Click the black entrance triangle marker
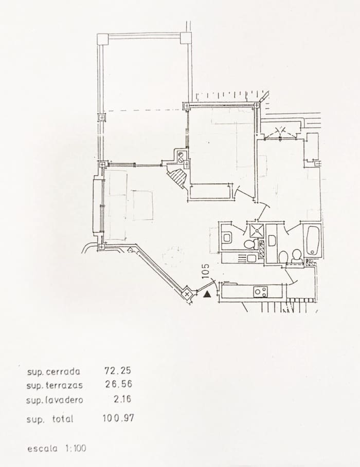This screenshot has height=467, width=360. pos(207,295)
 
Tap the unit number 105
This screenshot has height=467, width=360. pos(206,271)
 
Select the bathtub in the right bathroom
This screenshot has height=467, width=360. pos(313,240)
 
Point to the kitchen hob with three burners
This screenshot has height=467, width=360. pos(261,292)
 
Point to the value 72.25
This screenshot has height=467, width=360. pos(118,370)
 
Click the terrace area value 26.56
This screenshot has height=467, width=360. pos(118,384)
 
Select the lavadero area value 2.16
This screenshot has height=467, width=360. pos(122,399)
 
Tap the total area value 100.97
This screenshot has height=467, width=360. pos(118,418)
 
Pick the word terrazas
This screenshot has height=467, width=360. pos(64,385)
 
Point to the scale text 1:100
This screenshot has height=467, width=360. pos(76,448)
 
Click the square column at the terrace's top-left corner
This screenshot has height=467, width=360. pos(103,39)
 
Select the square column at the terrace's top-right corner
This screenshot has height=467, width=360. pos(185,38)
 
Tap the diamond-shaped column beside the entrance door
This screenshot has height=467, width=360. pos(187,294)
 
